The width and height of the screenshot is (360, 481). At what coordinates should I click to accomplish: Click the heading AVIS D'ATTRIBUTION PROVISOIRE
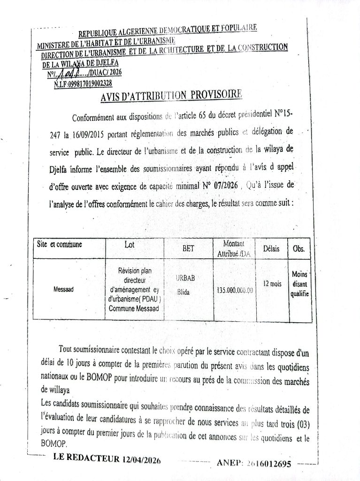pos(171,96)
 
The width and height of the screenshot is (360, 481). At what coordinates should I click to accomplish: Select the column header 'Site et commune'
pos(60,244)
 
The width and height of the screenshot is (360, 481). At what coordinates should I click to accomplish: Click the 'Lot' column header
pos(130,245)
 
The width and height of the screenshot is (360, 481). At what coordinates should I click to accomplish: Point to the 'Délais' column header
pos(271,248)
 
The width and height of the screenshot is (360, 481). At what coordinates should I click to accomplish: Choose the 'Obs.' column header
pos(299,249)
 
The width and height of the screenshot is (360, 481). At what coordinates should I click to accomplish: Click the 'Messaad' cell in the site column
pos(63,289)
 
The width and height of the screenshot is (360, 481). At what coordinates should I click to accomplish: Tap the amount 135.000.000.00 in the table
pos(235,290)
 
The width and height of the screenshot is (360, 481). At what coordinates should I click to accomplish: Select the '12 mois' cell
pos(272,283)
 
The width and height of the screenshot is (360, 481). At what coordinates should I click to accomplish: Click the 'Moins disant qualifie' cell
pos(299,284)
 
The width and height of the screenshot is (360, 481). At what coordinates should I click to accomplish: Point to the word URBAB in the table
pos(185,279)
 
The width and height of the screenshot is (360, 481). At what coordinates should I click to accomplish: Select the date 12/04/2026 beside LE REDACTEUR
pos(141,459)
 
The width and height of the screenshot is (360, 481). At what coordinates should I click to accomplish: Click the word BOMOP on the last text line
pos(54,443)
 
